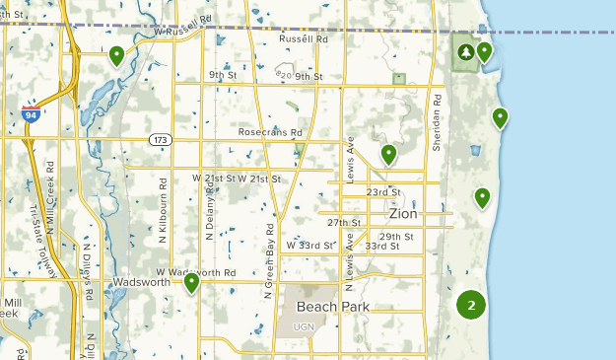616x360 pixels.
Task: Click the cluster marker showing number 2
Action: tap(472, 305)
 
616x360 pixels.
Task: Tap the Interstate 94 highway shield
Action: tap(32, 114)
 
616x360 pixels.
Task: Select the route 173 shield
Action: tap(161, 140)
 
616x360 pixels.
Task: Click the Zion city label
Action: tap(404, 214)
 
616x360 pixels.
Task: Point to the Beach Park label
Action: tap(333, 307)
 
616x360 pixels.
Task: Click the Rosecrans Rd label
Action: tap(269, 132)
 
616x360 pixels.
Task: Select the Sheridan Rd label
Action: tap(436, 120)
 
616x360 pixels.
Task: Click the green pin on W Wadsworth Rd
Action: tap(191, 283)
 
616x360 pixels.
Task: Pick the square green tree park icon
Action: tap(464, 52)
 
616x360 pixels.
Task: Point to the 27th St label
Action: tap(347, 223)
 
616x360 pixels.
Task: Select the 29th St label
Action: tap(396, 237)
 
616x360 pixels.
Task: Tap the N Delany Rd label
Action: tap(210, 216)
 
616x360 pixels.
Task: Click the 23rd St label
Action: tap(382, 192)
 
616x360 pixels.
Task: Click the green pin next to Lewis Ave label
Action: tap(388, 154)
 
